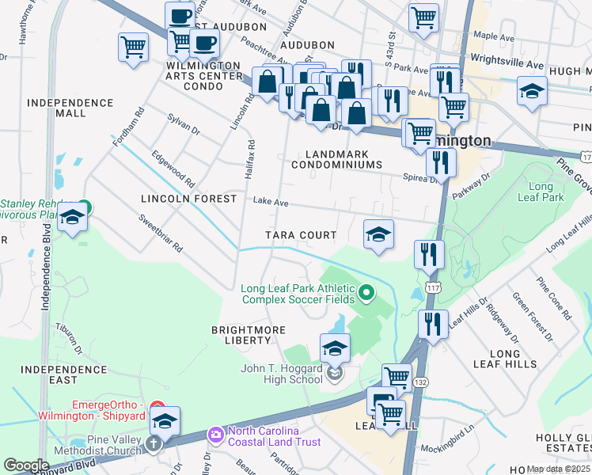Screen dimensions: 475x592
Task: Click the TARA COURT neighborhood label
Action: [301, 235]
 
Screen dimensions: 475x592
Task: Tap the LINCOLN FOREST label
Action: [188, 199]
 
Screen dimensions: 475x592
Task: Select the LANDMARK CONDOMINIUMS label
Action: [336, 159]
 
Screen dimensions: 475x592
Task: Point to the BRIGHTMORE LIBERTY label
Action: [241, 334]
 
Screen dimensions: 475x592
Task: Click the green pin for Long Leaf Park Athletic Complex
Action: [366, 294]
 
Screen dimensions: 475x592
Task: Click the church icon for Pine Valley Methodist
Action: [154, 443]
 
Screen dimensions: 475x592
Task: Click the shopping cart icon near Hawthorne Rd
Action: [134, 47]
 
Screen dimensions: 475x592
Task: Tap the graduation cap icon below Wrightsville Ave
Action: [533, 91]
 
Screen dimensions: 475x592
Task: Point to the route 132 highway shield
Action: [422, 382]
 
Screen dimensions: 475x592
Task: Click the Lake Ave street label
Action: [270, 202]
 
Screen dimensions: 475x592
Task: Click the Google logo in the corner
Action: [26, 465]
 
